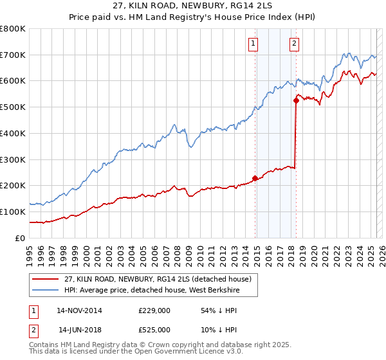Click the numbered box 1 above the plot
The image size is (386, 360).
[253, 44]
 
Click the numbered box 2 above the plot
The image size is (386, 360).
[294, 44]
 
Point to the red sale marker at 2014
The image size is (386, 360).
[255, 177]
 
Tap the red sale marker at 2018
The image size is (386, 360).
[296, 100]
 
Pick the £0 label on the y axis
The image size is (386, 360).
[19, 238]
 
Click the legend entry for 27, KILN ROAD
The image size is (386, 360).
[161, 278]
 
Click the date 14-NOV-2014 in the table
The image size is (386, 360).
[79, 310]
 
